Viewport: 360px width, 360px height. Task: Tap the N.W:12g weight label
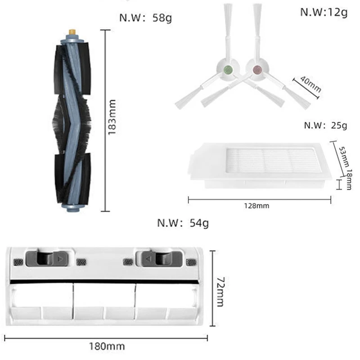point(324,12)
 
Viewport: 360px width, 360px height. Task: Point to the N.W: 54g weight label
point(183,222)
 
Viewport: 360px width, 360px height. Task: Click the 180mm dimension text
point(108,346)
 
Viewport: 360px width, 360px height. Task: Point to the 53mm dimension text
point(345,155)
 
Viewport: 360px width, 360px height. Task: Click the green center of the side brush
point(228,69)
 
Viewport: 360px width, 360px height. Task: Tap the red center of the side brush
point(257,69)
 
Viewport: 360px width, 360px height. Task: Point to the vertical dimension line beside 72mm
point(213,288)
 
